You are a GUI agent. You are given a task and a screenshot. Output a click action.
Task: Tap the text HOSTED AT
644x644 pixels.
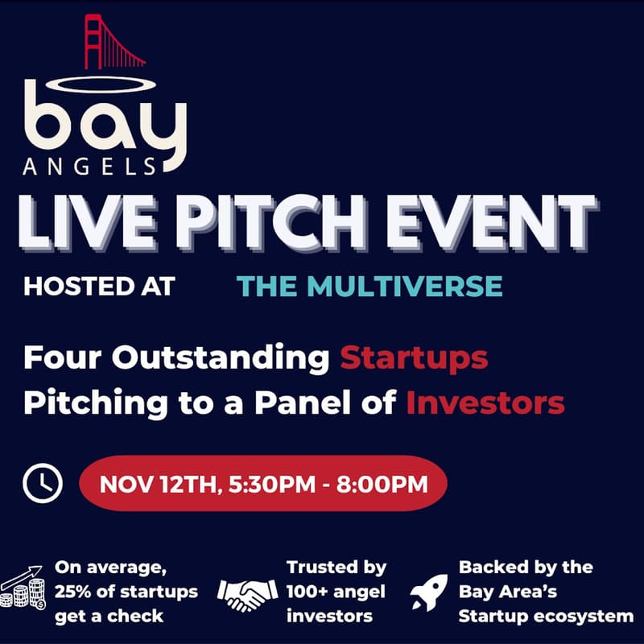coord(99,287)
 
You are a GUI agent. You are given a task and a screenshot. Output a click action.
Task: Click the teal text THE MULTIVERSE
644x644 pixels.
coord(369,287)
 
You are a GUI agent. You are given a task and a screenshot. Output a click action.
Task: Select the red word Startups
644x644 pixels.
coord(414,357)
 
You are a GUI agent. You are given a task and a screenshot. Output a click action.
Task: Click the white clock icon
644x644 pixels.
coord(42,483)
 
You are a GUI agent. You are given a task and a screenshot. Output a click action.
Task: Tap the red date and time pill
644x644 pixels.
coord(262,484)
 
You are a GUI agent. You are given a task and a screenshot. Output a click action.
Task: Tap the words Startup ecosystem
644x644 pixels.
coord(546,617)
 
